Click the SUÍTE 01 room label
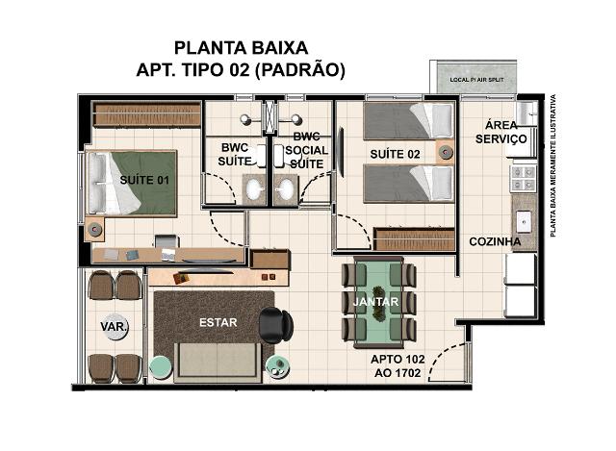(144, 180)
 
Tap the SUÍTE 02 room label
(395, 154)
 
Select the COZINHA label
(495, 241)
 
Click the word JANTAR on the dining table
(375, 301)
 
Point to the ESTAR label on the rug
(218, 323)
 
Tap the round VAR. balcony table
(115, 327)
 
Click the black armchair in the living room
(276, 325)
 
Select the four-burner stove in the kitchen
(524, 179)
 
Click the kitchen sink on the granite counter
(524, 222)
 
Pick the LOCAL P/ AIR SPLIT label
(476, 80)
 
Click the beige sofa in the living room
(217, 362)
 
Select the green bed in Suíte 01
(132, 184)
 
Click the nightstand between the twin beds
(445, 152)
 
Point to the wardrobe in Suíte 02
(414, 238)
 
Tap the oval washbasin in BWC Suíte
(253, 190)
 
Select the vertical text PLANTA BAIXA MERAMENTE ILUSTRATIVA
(553, 165)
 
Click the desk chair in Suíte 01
(167, 241)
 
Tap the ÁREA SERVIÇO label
(500, 132)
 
